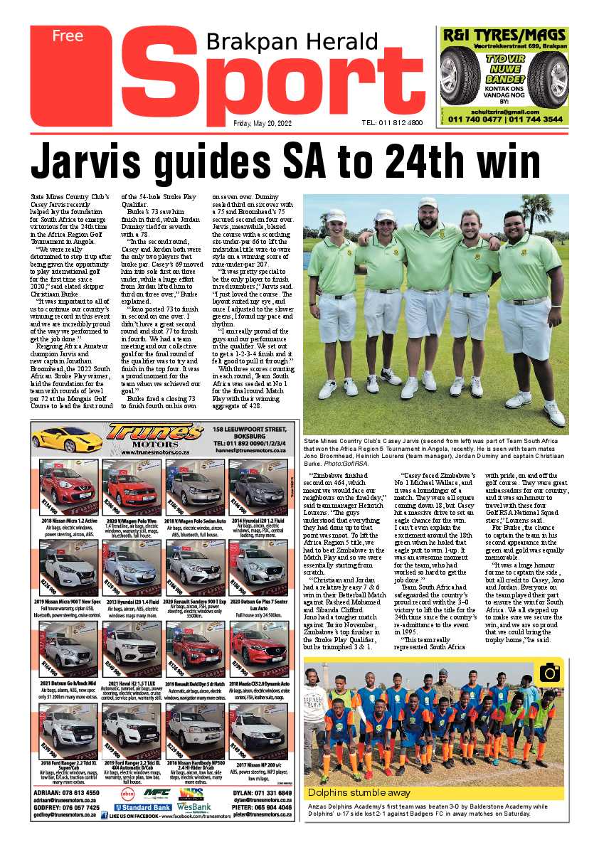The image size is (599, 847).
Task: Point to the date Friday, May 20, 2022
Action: point(263,122)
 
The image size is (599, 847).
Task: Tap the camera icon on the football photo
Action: point(549,671)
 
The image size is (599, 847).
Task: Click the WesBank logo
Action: point(195,807)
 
